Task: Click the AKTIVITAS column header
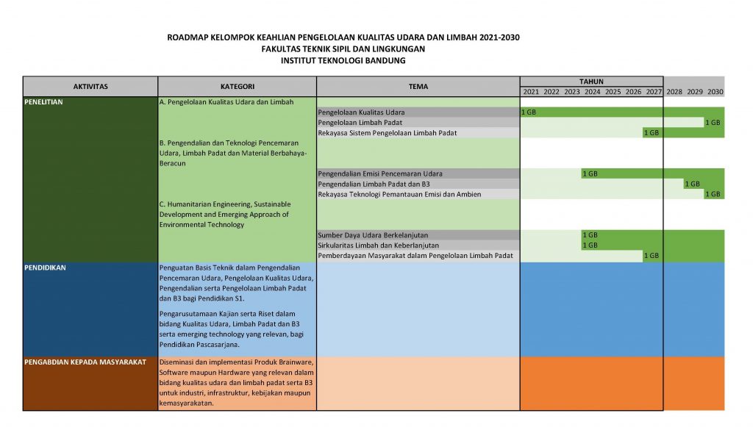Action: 90,86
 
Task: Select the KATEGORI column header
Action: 237,86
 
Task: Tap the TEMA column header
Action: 418,86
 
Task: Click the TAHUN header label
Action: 591,82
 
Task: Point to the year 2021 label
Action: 531,92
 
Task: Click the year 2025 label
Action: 613,92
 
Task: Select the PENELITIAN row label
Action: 43,102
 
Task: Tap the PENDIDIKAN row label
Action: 45,268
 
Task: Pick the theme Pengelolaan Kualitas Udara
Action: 361,112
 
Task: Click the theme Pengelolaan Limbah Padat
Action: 360,123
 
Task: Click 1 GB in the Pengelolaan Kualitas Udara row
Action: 528,112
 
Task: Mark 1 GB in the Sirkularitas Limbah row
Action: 590,245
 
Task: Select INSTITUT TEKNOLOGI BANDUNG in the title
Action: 343,61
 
